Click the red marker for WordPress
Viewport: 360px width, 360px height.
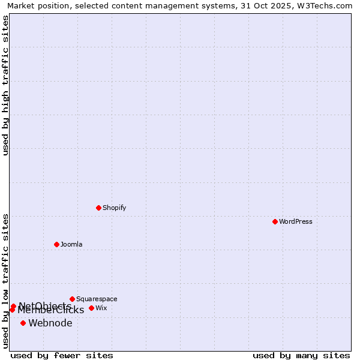coord(275,221)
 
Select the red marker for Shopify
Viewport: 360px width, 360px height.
coord(98,208)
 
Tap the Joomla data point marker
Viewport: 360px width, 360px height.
coord(56,244)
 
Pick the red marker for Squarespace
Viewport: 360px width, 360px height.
coord(72,299)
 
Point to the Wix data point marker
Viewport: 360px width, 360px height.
coord(91,308)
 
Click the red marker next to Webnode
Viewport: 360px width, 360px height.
coord(23,323)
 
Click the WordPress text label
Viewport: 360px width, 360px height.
coord(296,221)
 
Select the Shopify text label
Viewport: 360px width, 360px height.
coord(114,208)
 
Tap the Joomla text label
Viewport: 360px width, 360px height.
coord(71,244)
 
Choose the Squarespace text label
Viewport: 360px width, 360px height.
coord(97,299)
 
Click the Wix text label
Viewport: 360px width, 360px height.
coord(101,308)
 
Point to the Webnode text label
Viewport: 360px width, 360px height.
coord(50,323)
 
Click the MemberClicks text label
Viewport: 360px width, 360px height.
coord(51,310)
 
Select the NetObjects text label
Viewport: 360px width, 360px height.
coord(45,305)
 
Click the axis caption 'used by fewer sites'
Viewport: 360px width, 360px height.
coord(62,355)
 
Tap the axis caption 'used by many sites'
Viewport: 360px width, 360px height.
coord(301,355)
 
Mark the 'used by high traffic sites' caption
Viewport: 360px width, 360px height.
coord(5,85)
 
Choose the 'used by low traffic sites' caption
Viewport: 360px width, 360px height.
coord(5,280)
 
